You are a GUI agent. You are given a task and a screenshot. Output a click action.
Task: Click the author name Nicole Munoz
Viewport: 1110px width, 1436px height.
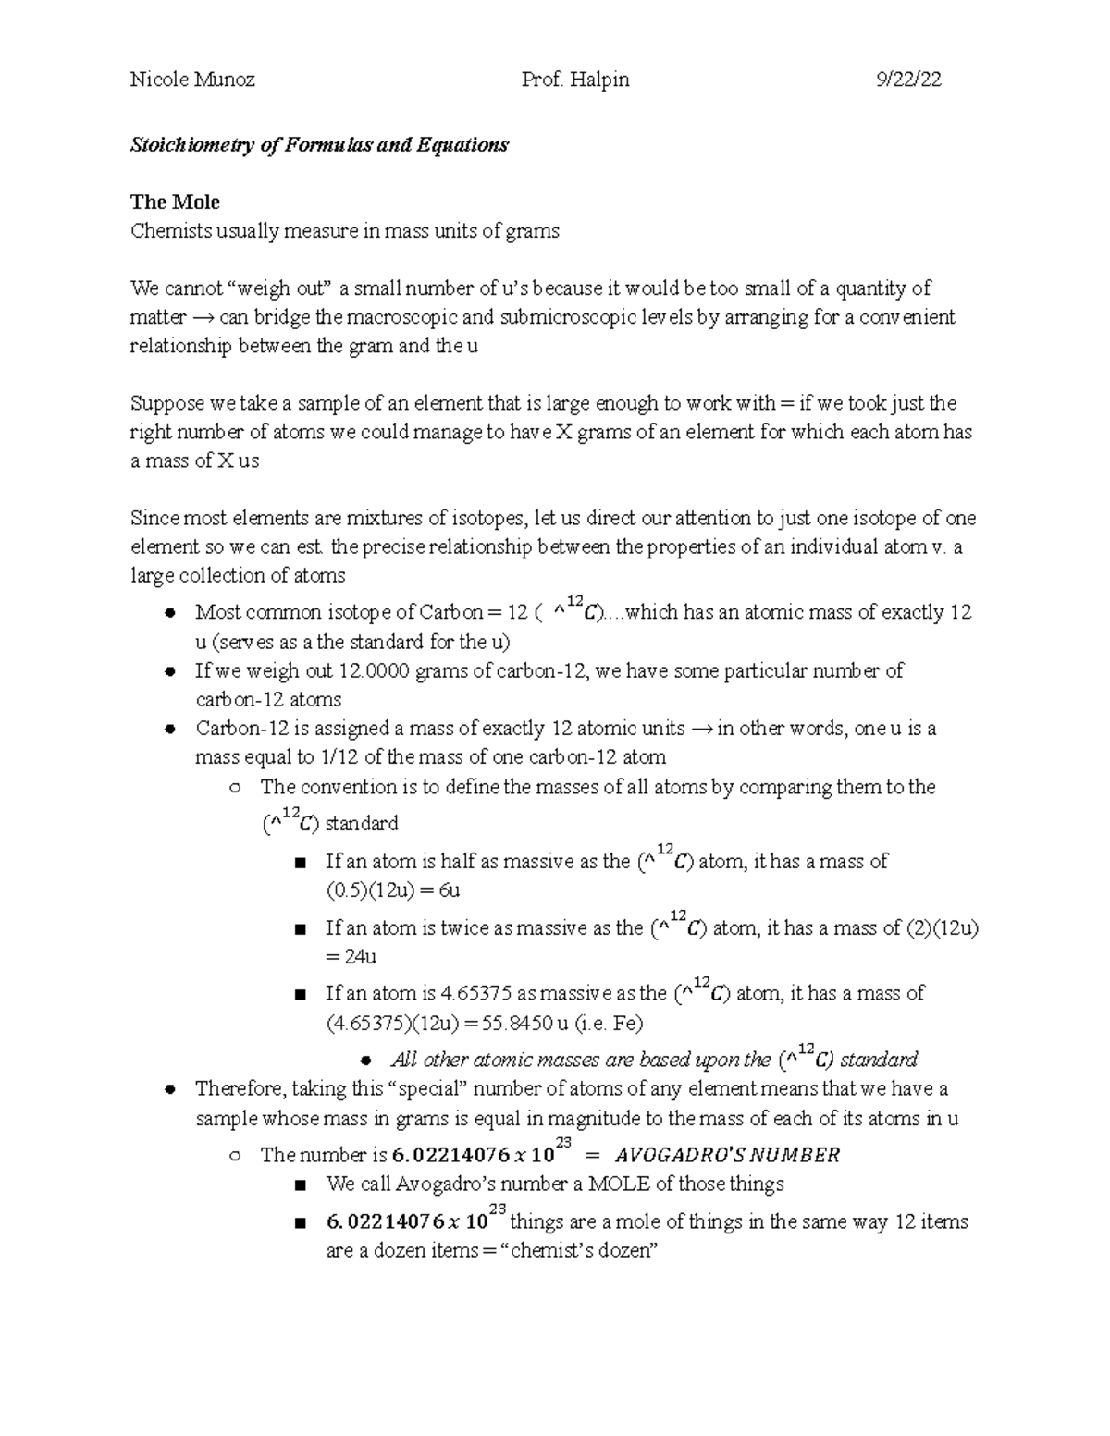(x=192, y=80)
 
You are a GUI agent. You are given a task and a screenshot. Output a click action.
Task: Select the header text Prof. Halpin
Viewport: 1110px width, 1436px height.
(x=575, y=80)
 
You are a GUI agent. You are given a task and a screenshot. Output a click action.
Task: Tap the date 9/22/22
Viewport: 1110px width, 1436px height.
(x=909, y=80)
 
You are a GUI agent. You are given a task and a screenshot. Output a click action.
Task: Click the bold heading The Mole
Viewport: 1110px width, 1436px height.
(x=175, y=202)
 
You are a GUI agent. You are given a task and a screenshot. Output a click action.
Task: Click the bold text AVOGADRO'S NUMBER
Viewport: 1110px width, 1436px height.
(x=727, y=1155)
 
